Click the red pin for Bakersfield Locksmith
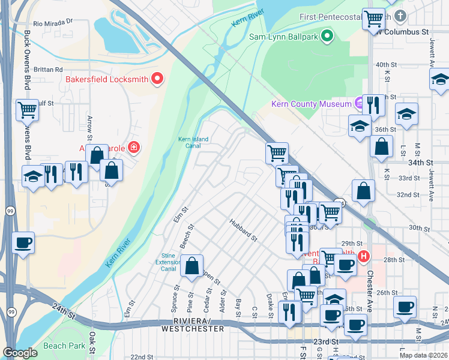point(157,78)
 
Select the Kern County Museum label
point(311,104)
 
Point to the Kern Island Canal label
point(193,142)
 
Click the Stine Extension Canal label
point(168,262)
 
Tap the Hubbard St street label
point(243,230)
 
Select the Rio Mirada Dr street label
point(53,22)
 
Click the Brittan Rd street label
point(48,70)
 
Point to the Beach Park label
point(64,346)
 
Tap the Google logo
point(20,353)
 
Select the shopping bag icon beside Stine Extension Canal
point(191,266)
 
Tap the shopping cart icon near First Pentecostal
point(373,19)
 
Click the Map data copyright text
point(423,355)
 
